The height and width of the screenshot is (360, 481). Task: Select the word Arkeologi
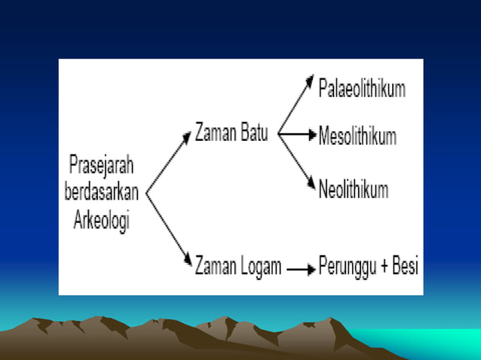102,221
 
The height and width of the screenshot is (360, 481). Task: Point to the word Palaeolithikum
362,88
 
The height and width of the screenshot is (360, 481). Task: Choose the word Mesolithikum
357,137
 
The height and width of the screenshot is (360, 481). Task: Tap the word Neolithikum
354,188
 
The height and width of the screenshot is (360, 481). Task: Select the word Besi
405,266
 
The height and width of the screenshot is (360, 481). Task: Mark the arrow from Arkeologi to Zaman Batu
169,163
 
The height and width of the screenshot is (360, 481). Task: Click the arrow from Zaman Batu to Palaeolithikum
296,105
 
